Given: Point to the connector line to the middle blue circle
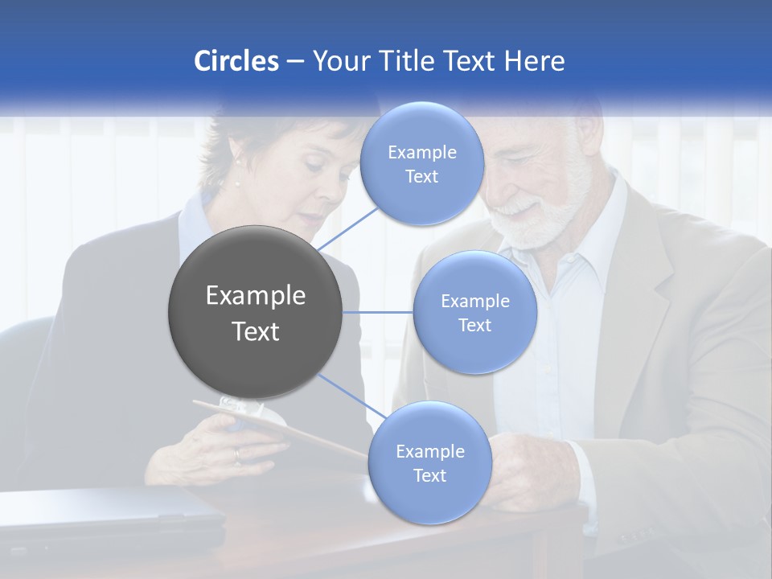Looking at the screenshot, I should pyautogui.click(x=378, y=312).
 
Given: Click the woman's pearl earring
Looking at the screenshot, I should pyautogui.click(x=236, y=183).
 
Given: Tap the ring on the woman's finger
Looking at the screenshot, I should pyautogui.click(x=236, y=455).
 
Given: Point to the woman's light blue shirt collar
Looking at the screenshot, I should pyautogui.click(x=193, y=221).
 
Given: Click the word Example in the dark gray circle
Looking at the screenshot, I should pyautogui.click(x=256, y=296).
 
